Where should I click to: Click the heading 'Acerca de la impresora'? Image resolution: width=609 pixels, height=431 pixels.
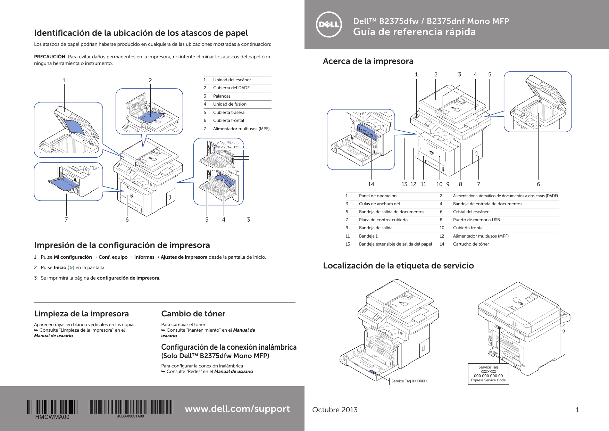368,61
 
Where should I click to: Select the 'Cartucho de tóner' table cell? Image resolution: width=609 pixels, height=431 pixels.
471,244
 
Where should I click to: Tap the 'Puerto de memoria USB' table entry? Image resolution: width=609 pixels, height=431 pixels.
476,220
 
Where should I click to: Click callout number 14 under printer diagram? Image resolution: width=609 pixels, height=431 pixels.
371,184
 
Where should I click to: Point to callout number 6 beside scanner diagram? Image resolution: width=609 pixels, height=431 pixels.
538,184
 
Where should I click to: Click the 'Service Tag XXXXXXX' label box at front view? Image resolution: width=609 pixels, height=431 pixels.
409,381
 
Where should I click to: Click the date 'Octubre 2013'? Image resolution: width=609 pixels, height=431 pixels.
335,410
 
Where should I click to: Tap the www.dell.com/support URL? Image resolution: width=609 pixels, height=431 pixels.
237,409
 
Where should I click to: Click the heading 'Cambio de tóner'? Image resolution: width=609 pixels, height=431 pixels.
193,314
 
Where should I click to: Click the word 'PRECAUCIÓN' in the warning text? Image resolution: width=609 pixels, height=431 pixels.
50,57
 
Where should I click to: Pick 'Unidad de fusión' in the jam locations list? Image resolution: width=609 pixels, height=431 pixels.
230,104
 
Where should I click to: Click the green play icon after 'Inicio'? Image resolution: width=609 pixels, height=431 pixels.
72,268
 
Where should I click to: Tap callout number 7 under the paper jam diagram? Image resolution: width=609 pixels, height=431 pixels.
66,219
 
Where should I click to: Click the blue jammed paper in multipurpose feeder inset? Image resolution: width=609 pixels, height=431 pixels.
61,183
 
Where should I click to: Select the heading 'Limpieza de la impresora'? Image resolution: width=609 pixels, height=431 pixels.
81,314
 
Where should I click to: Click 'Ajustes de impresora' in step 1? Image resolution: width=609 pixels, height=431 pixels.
184,257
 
